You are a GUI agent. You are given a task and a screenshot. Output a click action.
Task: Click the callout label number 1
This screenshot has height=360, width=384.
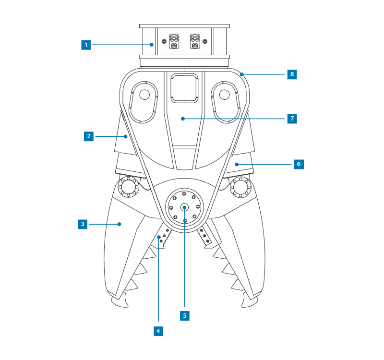86,45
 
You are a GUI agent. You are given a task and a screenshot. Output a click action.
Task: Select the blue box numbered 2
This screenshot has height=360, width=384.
88,136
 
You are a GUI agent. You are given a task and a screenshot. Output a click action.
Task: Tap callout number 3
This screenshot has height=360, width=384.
83,224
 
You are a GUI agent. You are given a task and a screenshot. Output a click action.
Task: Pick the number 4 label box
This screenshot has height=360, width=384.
158,331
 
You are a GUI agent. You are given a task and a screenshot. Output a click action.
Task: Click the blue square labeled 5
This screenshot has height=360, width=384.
185,316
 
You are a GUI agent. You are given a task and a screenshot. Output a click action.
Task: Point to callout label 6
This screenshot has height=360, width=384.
299,164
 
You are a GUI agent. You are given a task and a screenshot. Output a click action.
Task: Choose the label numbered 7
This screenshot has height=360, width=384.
292,118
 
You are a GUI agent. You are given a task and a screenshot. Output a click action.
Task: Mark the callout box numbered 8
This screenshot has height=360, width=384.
292,74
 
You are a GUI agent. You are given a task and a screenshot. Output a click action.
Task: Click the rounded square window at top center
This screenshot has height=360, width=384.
185,88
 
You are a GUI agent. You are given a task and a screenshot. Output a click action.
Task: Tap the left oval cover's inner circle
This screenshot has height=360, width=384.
144,95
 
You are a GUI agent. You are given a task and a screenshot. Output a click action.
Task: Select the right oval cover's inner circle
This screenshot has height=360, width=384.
225,95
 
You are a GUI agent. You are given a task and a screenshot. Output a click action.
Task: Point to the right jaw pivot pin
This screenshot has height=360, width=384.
240,186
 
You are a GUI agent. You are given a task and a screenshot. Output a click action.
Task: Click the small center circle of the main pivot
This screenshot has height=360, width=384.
185,207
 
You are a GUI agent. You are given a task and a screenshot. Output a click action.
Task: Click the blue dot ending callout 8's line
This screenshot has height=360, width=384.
242,74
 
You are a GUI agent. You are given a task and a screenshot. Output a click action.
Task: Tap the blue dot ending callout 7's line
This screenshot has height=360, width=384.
182,118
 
